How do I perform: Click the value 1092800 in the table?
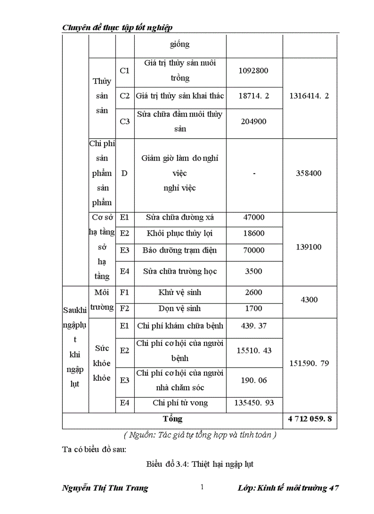tap(253, 71)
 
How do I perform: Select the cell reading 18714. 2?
tap(254, 96)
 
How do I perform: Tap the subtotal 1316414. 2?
tap(309, 96)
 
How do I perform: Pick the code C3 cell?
tap(125, 121)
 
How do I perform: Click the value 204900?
tap(253, 121)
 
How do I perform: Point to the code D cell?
tap(124, 173)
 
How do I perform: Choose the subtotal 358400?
tap(309, 173)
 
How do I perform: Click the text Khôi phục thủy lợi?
tap(180, 233)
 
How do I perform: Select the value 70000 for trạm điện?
tap(253, 250)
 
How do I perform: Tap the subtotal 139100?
tap(309, 247)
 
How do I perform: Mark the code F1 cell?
tap(125, 292)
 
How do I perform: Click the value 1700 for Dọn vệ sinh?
tap(253, 308)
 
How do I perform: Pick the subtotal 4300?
tap(309, 300)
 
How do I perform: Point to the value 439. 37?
tap(253, 325)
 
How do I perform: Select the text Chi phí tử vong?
tap(180, 403)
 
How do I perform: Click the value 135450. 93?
tap(254, 403)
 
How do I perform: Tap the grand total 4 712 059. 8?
tap(310, 419)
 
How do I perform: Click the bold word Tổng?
tap(172, 419)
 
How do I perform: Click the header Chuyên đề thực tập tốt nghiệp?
tap(117, 28)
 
